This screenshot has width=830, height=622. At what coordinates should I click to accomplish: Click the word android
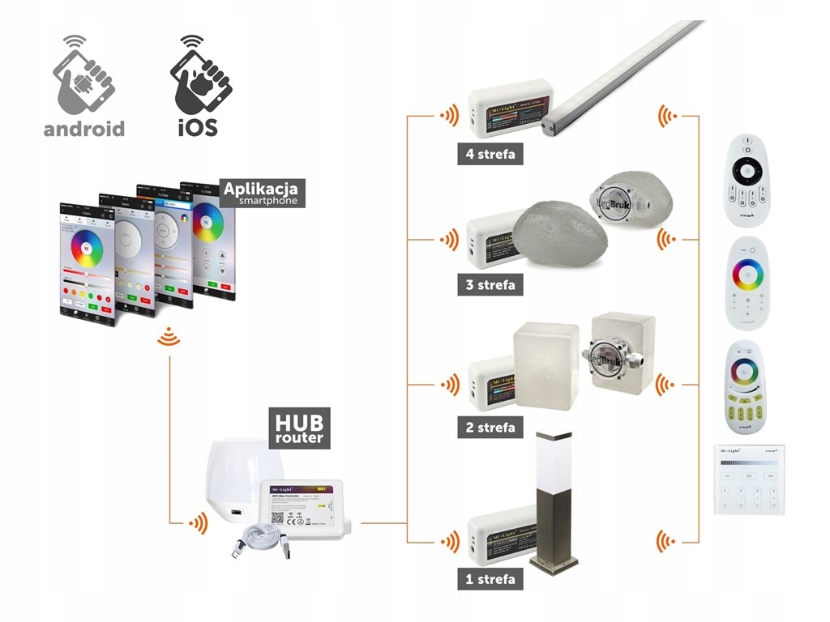pyautogui.click(x=84, y=128)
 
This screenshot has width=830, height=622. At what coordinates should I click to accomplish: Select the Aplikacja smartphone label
pyautogui.click(x=261, y=193)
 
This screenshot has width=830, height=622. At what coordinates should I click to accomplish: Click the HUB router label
pyautogui.click(x=299, y=427)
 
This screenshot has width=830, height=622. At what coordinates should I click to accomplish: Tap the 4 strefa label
pyautogui.click(x=488, y=153)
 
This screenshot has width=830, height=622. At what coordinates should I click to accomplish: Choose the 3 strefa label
pyautogui.click(x=488, y=285)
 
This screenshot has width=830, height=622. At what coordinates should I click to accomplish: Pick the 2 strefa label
pyautogui.click(x=488, y=427)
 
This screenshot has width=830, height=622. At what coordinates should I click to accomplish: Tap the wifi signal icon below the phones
pyautogui.click(x=169, y=337)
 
